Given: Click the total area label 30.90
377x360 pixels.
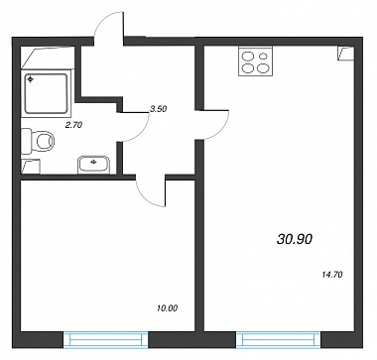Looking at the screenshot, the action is (x=295, y=239).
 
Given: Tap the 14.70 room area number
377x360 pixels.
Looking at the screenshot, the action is (x=331, y=274).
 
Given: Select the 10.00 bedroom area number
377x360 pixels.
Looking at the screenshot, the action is (x=168, y=308).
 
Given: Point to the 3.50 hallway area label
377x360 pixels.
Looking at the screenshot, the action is (x=158, y=109).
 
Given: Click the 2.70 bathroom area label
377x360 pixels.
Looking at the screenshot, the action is (x=74, y=125).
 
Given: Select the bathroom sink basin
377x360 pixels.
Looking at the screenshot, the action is (x=93, y=165).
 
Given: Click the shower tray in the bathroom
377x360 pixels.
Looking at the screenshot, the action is (x=46, y=94).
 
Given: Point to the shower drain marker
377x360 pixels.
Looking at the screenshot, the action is (x=31, y=79).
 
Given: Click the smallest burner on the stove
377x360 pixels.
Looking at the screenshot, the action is (x=263, y=57).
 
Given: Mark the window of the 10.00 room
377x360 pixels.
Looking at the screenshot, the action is (x=105, y=340).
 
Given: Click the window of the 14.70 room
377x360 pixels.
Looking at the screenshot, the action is (x=279, y=340).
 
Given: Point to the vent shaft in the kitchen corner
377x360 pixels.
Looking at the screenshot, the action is (x=345, y=54).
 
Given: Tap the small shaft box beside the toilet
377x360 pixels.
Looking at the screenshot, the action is (x=31, y=167).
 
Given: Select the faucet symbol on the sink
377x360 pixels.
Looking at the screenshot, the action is (x=93, y=162).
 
